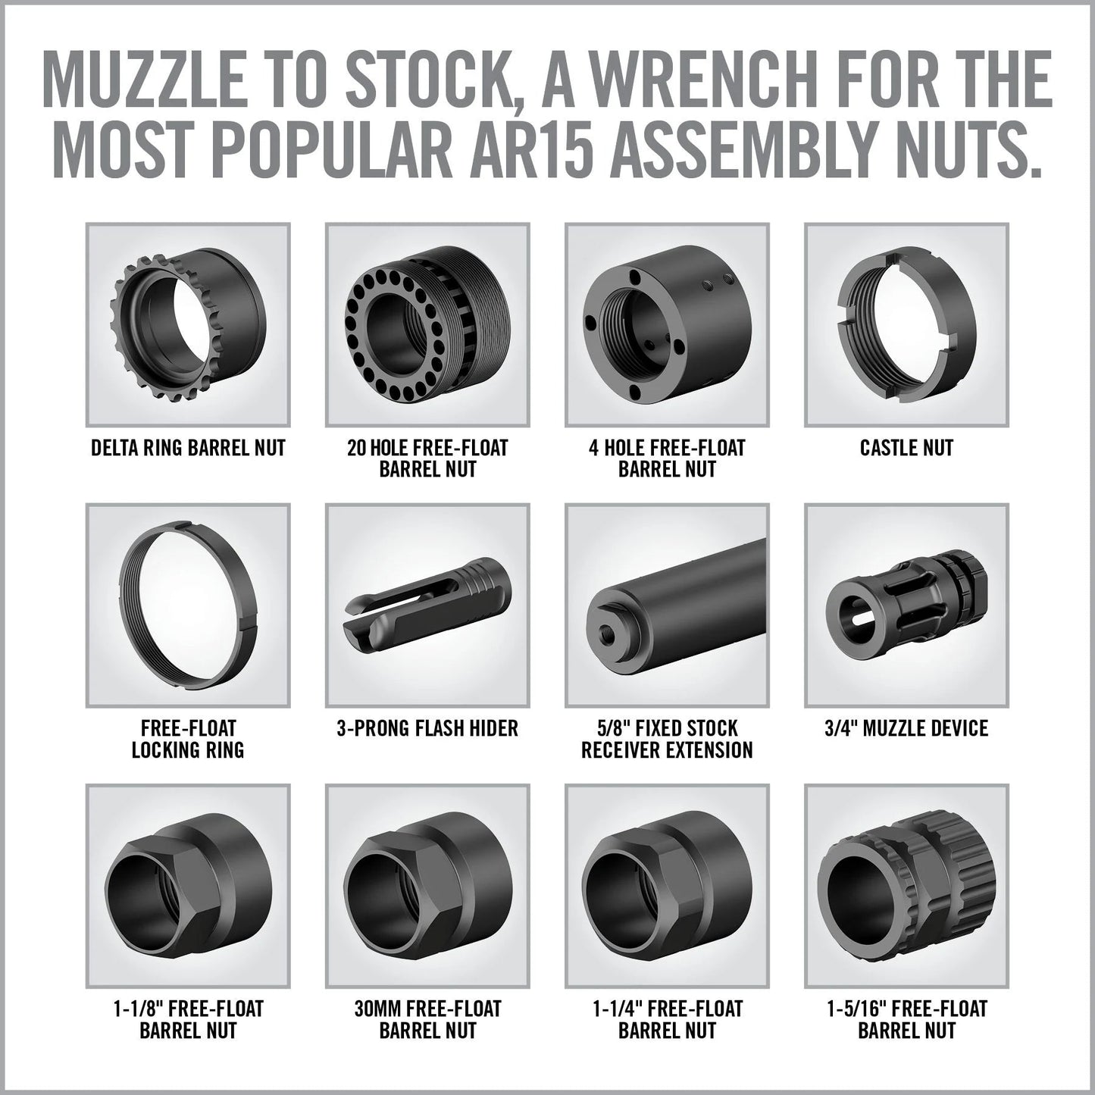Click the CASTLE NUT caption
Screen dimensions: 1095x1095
click(906, 448)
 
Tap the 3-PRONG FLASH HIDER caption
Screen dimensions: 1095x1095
click(427, 729)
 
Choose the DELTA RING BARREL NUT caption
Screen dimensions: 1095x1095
click(188, 448)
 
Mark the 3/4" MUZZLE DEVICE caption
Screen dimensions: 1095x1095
click(906, 729)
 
